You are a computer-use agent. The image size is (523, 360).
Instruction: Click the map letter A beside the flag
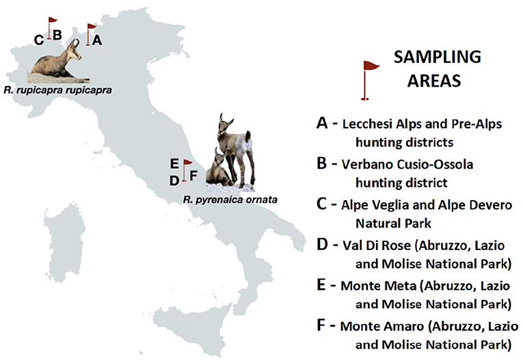pos(97,40)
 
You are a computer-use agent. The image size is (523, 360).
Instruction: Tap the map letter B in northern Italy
pos(57,35)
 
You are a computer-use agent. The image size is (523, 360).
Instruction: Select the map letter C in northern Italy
pos(39,40)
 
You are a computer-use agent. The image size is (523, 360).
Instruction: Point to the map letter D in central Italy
pos(174,181)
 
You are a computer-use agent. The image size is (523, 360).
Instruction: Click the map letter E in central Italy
pos(174,164)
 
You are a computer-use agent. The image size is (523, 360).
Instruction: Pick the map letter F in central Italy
pos(193,176)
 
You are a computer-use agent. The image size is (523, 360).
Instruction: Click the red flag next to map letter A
pos(90,34)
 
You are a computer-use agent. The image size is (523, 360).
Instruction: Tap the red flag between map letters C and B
pos(51,28)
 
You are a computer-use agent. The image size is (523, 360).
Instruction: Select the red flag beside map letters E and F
pos(186,170)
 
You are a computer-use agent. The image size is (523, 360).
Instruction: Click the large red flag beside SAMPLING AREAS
pos(369,81)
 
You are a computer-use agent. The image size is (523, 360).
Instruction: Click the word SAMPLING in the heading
pos(438,57)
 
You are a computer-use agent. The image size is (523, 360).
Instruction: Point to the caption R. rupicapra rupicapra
pos(57,90)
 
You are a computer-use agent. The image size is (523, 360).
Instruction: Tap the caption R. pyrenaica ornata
pos(230,200)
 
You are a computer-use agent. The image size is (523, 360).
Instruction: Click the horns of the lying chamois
pos(75,43)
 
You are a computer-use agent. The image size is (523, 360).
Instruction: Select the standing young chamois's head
pos(225,124)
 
